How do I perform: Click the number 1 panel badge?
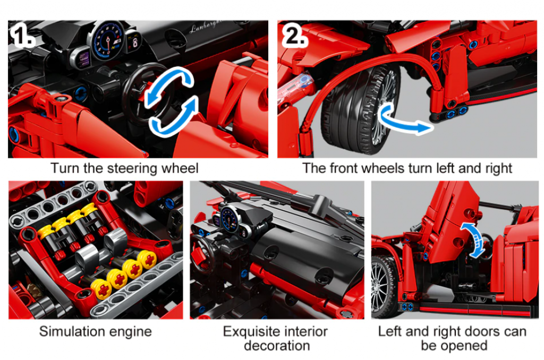(x=22, y=35)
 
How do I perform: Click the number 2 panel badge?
(x=294, y=35)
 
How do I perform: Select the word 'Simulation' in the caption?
(x=67, y=331)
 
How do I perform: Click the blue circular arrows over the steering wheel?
(x=172, y=101)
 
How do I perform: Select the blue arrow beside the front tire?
(x=404, y=119)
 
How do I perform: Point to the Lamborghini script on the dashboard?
(x=208, y=27)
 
